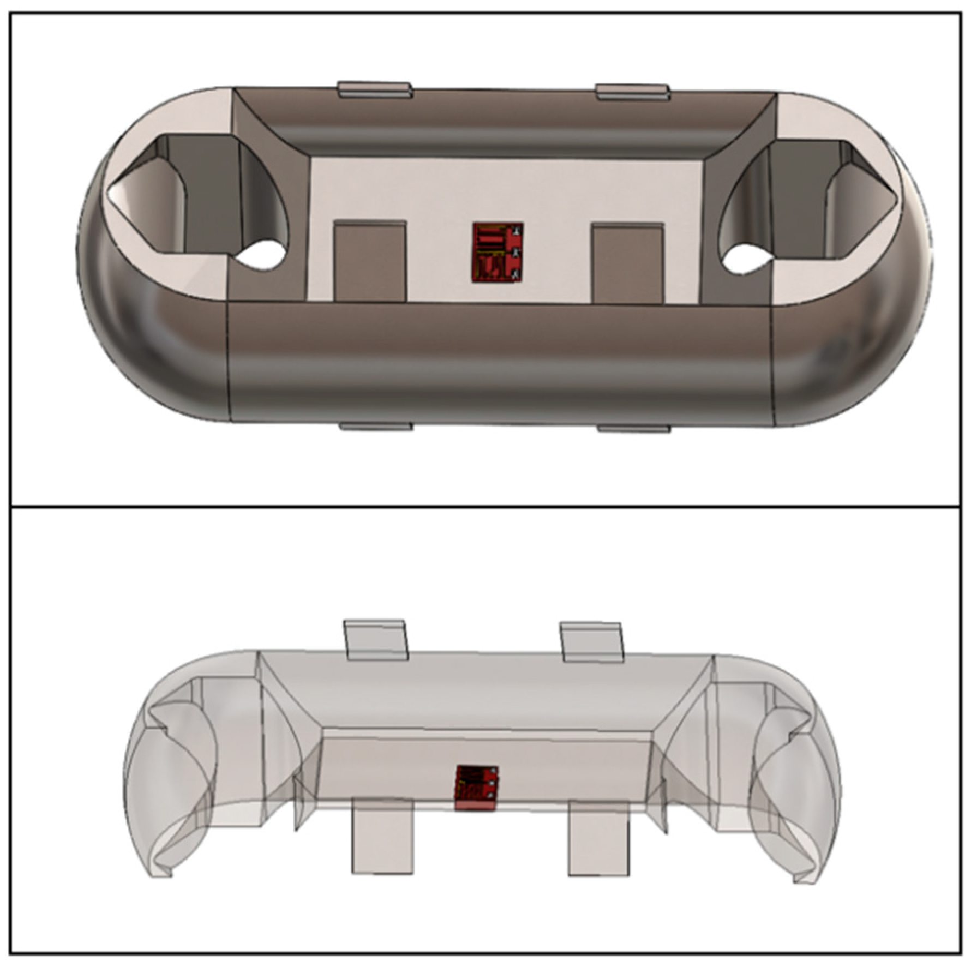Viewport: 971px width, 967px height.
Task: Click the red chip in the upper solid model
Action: point(498,252)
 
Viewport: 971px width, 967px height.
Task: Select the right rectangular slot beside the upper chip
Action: point(627,263)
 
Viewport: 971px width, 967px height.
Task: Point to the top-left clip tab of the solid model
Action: point(375,89)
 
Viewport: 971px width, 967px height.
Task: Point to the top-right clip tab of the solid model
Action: point(632,92)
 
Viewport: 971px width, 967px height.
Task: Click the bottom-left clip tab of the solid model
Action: point(376,426)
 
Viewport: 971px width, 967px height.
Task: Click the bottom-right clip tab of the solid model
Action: point(634,429)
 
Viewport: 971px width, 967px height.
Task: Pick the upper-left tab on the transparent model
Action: point(376,640)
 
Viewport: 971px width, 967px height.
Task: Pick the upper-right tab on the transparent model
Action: point(592,642)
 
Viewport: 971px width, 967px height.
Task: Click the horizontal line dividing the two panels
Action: point(485,507)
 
